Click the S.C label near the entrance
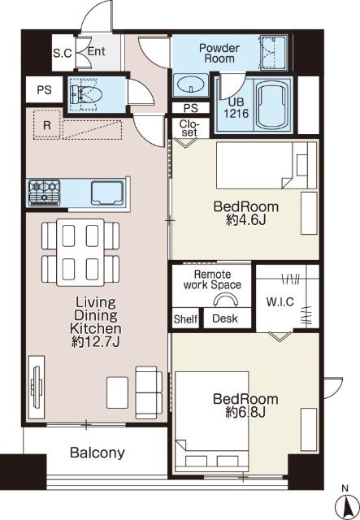pyautogui.click(x=63, y=53)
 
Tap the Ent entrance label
pyautogui.click(x=96, y=51)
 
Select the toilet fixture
pyautogui.click(x=83, y=94)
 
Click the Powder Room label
pyautogui.click(x=219, y=53)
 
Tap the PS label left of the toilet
pyautogui.click(x=44, y=90)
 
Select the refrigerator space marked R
pyautogui.click(x=47, y=125)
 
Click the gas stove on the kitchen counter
pyautogui.click(x=44, y=193)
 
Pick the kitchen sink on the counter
pyautogui.click(x=107, y=193)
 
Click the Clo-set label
pyautogui.click(x=190, y=128)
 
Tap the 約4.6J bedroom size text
pyautogui.click(x=246, y=220)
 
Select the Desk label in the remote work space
pyautogui.click(x=225, y=318)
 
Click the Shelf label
pyautogui.click(x=185, y=319)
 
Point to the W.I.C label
pyautogui.click(x=280, y=301)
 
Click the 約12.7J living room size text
pyautogui.click(x=96, y=342)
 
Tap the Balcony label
pyautogui.click(x=98, y=453)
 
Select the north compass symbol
pyautogui.click(x=346, y=505)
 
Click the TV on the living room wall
pyautogui.click(x=37, y=387)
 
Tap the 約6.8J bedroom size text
pyautogui.click(x=245, y=412)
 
